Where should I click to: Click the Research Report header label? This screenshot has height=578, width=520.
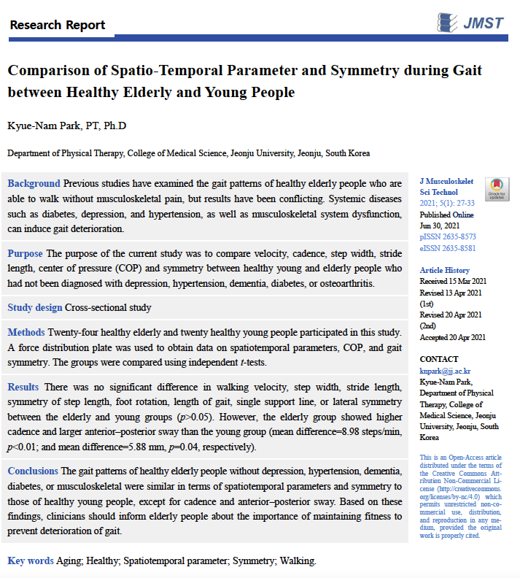coord(58,25)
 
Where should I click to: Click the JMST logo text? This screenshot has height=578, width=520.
coord(483,23)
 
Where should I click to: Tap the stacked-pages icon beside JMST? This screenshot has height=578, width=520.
coord(448,23)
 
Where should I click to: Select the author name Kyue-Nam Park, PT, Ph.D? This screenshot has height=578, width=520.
coord(66,126)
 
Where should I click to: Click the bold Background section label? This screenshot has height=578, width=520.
coord(34,183)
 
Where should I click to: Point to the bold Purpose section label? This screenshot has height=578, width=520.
coord(25,253)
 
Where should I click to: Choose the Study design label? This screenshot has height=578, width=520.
coord(35,307)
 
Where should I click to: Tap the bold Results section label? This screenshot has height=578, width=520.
coord(24,386)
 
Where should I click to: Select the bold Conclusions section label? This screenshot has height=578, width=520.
coord(34,471)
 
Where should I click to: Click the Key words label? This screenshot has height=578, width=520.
coord(31,560)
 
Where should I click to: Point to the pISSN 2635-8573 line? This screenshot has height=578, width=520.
coord(448,237)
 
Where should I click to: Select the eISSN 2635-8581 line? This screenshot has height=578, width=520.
coord(448,248)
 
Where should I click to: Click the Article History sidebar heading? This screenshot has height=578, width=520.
coord(445,271)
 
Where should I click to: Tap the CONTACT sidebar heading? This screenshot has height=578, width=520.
coord(439,360)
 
